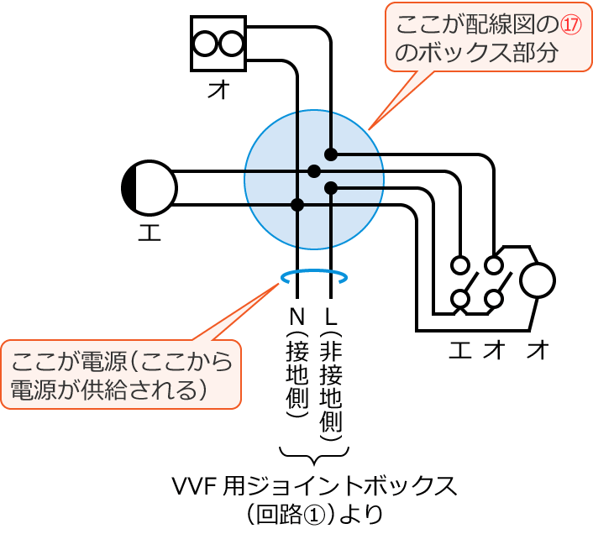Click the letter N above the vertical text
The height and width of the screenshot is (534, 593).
(296, 317)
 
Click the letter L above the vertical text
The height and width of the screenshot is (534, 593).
(331, 317)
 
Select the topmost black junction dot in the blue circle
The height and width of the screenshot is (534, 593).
(331, 154)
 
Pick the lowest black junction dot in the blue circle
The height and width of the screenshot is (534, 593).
(297, 204)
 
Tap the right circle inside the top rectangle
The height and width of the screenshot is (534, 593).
(231, 43)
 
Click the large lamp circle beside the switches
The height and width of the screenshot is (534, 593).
(537, 280)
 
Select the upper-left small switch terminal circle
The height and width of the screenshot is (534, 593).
(459, 265)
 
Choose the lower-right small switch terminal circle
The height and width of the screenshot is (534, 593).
(495, 298)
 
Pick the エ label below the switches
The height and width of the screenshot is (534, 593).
(459, 350)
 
